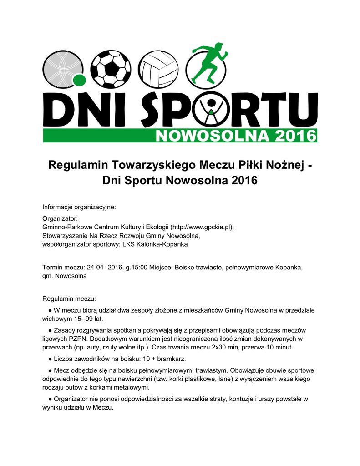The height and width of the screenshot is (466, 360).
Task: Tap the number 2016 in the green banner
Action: coord(293,136)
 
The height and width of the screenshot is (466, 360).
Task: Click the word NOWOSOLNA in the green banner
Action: coord(211,136)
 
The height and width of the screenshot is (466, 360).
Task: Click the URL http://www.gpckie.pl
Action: coord(203,227)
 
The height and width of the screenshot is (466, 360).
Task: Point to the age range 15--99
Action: coord(85,319)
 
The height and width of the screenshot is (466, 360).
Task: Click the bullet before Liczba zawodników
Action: coord(50,359)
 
